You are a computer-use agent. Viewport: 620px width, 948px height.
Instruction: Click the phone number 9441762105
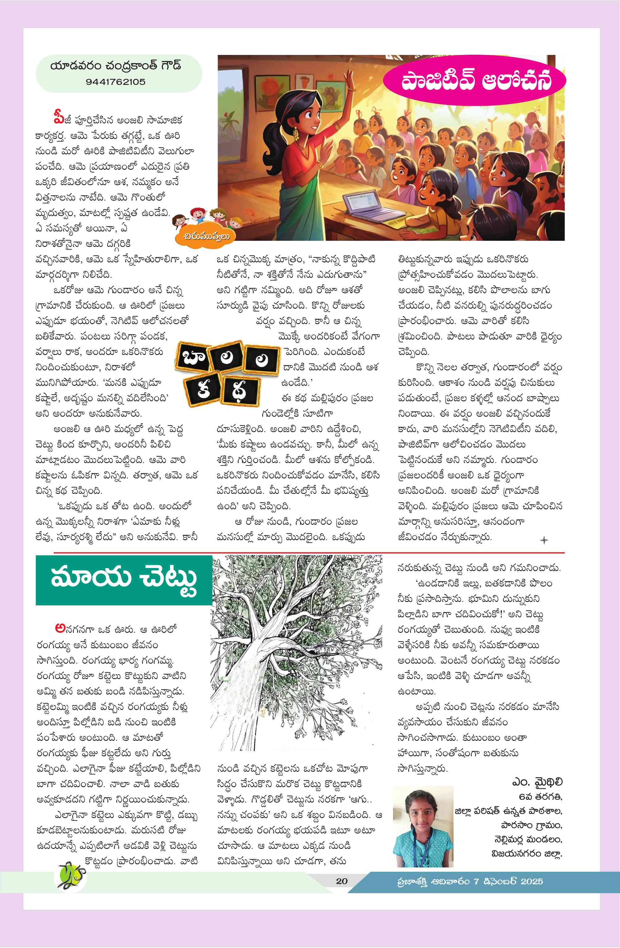click(115, 82)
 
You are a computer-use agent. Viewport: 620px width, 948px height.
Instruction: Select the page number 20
click(341, 881)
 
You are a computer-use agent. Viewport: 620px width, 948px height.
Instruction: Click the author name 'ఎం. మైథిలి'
click(537, 782)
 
